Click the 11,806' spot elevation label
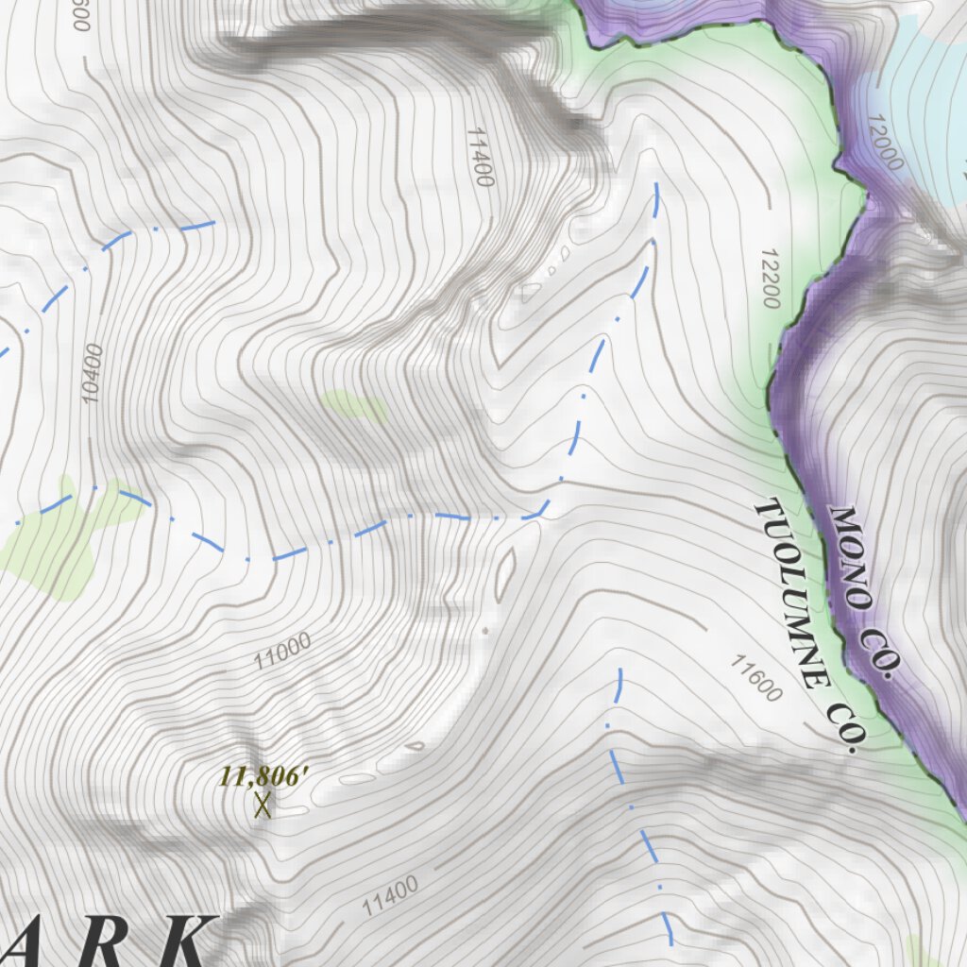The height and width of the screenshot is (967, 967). (264, 777)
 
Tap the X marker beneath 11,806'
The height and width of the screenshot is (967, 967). (263, 805)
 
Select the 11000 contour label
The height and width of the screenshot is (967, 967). (282, 652)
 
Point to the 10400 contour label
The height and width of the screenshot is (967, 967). (92, 373)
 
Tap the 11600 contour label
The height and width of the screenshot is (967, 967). (756, 678)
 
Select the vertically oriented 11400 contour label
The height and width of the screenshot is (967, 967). (480, 157)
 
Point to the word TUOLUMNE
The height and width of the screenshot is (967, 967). (792, 594)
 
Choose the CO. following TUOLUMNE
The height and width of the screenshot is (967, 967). (843, 727)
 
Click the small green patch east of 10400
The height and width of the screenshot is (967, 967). (354, 406)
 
